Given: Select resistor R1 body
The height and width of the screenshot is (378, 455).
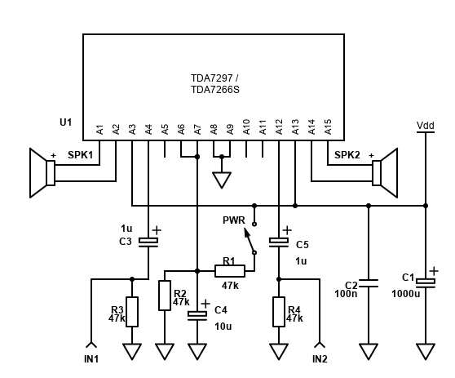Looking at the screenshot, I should tap(229, 270).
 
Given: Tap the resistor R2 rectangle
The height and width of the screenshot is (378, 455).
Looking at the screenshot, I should tap(165, 295).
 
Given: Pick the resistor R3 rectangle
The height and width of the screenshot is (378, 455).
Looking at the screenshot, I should tap(132, 311).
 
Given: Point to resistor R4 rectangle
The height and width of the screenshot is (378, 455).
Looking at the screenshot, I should tap(279, 311).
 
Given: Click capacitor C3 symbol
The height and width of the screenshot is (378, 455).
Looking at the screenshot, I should tap(148, 242).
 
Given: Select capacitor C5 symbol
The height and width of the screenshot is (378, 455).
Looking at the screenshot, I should tap(279, 242).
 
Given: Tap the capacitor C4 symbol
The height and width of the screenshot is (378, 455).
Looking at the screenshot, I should tap(197, 314).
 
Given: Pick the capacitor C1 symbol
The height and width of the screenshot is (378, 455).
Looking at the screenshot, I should tap(426, 282).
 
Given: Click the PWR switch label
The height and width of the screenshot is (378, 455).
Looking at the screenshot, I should tap(234, 220).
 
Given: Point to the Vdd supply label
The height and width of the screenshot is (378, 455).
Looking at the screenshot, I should tap(426, 125).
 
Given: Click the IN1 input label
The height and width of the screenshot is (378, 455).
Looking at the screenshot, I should tap(91, 359).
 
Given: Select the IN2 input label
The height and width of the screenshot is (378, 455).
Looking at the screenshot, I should tap(320, 359).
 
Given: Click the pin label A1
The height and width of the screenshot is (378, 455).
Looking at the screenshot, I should tap(99, 128).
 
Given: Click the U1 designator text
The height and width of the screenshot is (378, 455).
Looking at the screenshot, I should tap(65, 122).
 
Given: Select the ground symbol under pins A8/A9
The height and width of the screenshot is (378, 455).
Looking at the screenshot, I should tap(222, 179).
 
